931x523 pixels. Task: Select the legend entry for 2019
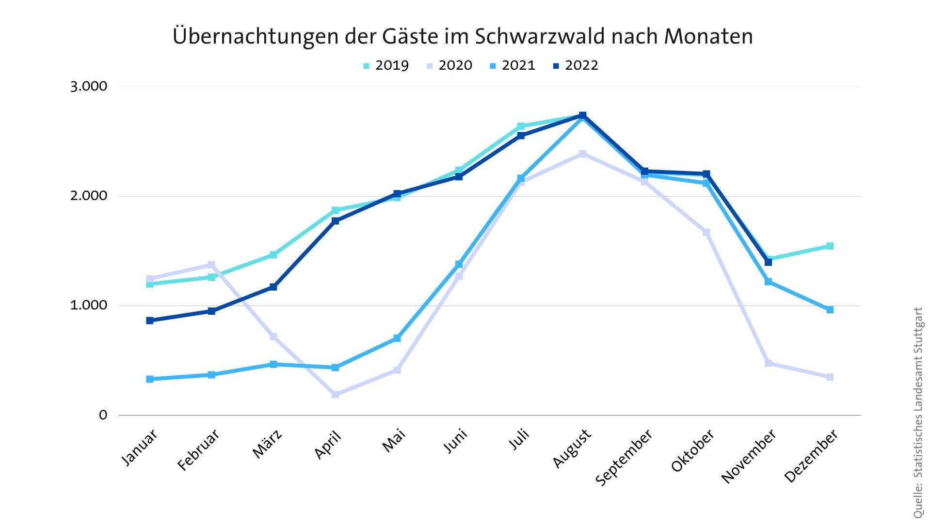tap(386, 65)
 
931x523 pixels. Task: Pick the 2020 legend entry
tap(449, 65)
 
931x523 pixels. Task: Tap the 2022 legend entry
tap(576, 65)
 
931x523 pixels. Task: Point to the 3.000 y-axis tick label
tap(89, 87)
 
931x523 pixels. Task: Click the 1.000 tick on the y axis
tap(89, 305)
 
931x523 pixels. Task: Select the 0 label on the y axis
tap(103, 415)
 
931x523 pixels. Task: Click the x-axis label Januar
tap(139, 448)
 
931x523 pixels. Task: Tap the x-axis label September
tap(624, 458)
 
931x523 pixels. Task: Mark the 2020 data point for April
tap(336, 394)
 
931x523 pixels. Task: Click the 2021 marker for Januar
tap(150, 379)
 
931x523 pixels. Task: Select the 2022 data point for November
tap(768, 262)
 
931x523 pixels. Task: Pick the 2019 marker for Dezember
tap(830, 246)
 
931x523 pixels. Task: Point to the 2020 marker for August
tap(583, 154)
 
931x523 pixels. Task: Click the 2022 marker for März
tap(273, 287)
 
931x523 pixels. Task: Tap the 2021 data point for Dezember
tap(830, 309)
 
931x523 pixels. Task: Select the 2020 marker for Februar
tap(211, 265)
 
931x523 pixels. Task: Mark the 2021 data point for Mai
tap(397, 338)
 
